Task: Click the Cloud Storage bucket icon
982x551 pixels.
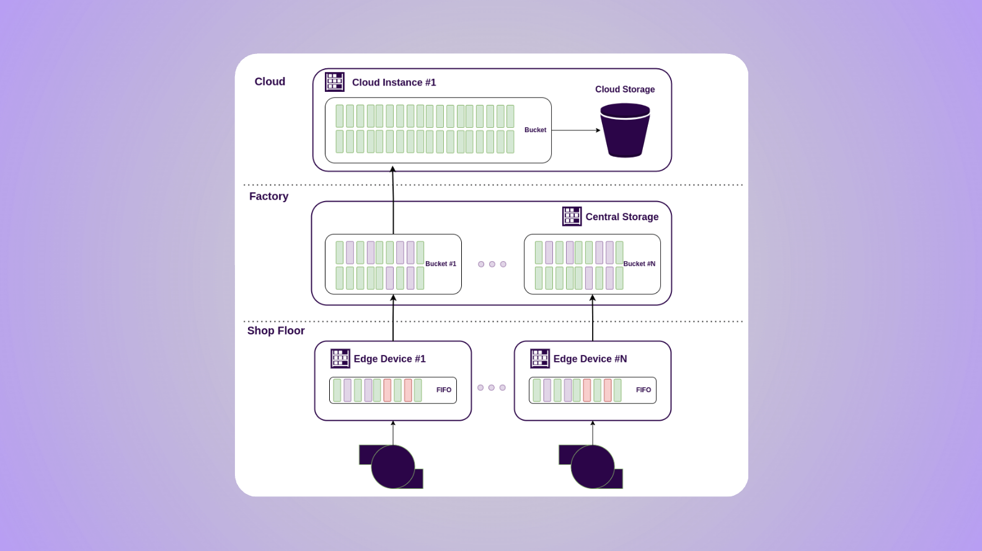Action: [x=625, y=131]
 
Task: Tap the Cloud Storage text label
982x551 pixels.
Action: [x=625, y=89]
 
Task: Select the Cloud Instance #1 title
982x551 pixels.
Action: [x=394, y=83]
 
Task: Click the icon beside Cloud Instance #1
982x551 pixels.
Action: [x=335, y=82]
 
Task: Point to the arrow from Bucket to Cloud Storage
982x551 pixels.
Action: [x=575, y=130]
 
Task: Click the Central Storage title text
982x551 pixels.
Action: [x=622, y=217]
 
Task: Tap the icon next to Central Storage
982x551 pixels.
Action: [x=572, y=217]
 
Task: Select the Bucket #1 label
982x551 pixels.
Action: [x=441, y=264]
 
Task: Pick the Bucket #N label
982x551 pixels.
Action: [x=639, y=264]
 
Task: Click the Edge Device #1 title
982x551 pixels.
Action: [x=389, y=359]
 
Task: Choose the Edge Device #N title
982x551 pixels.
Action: [x=590, y=359]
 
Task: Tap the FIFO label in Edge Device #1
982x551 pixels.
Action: [x=444, y=390]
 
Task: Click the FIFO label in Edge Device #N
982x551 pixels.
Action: [x=644, y=390]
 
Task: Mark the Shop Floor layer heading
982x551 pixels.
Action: [x=276, y=331]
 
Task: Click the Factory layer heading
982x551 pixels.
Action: [x=268, y=196]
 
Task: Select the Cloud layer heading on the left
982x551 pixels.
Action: [x=270, y=81]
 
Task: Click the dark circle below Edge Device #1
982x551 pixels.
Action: [x=393, y=467]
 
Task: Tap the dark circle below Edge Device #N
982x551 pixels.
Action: [x=593, y=467]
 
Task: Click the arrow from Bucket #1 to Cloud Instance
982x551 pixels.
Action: [x=393, y=199]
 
